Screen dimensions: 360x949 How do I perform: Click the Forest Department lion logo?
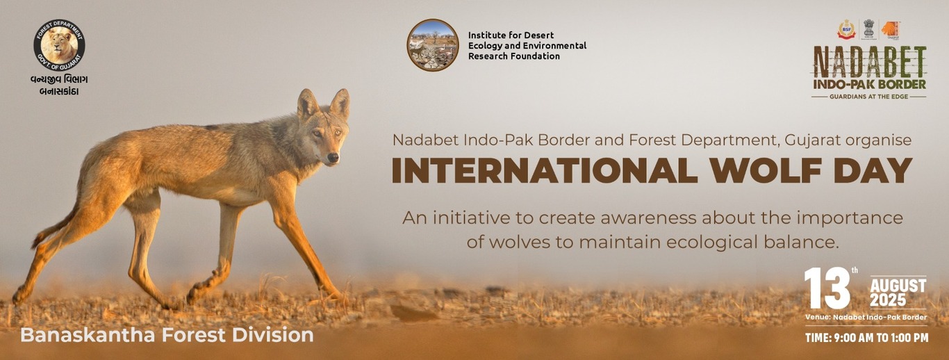pyautogui.click(x=59, y=44)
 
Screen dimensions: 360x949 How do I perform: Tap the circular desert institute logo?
pyautogui.click(x=432, y=45)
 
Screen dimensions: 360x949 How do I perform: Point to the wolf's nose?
pyautogui.click(x=334, y=158)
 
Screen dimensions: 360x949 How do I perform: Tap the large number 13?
pyautogui.click(x=827, y=288)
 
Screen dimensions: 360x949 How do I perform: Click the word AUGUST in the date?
pyautogui.click(x=898, y=286)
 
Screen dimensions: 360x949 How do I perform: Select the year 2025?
pyautogui.click(x=888, y=300)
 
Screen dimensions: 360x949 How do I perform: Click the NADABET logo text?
pyautogui.click(x=869, y=62)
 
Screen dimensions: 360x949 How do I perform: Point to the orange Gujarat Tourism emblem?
pyautogui.click(x=891, y=29)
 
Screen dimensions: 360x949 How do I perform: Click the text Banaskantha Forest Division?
pyautogui.click(x=167, y=335)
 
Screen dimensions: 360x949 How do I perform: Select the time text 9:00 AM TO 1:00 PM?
pyautogui.click(x=866, y=338)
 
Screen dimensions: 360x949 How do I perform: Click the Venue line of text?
pyautogui.click(x=866, y=318)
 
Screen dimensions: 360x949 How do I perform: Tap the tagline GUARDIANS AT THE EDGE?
pyautogui.click(x=869, y=96)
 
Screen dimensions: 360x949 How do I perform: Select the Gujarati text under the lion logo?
pyautogui.click(x=59, y=85)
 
